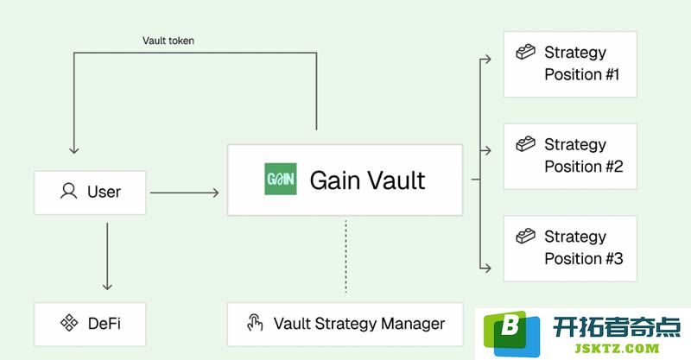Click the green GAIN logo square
pyautogui.click(x=280, y=179)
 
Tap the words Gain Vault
pyautogui.click(x=367, y=180)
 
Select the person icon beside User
pyautogui.click(x=69, y=192)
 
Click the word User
pyautogui.click(x=104, y=192)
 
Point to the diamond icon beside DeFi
pyautogui.click(x=69, y=323)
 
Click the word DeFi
pyautogui.click(x=104, y=324)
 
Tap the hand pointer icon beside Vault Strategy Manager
pyautogui.click(x=255, y=323)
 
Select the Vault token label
pyautogui.click(x=168, y=41)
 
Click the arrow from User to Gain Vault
pyautogui.click(x=184, y=193)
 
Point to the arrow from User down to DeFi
pyautogui.click(x=107, y=256)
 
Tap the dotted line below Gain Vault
pyautogui.click(x=346, y=256)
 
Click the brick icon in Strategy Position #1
pyautogui.click(x=526, y=52)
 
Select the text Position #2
pyautogui.click(x=584, y=167)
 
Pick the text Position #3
pyautogui.click(x=584, y=259)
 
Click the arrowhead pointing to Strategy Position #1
pyautogui.click(x=487, y=59)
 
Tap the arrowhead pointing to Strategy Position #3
pyautogui.click(x=487, y=268)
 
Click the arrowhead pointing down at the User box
pyautogui.click(x=74, y=149)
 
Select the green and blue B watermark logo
pyautogui.click(x=511, y=333)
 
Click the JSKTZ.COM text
pyautogui.click(x=617, y=349)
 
